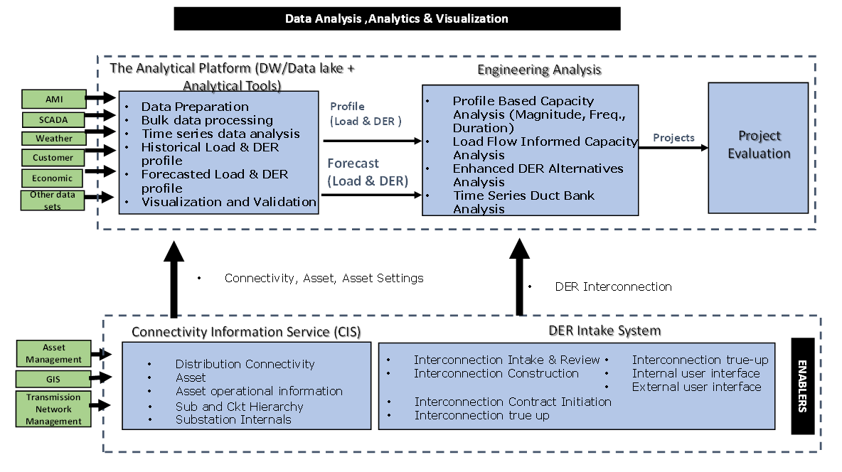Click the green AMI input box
tap(54, 100)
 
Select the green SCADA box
tap(54, 119)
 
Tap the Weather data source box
tap(54, 139)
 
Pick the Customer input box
tap(53, 158)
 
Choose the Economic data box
tap(52, 178)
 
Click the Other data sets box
tap(53, 200)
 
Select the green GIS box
tap(53, 379)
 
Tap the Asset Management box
tap(54, 353)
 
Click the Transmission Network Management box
tap(53, 409)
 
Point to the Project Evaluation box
tap(758, 148)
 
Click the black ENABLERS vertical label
tap(803, 386)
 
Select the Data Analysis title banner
tap(397, 18)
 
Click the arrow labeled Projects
tap(673, 148)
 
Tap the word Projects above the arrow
tap(673, 138)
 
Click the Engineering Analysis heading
tap(539, 70)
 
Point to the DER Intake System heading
tap(604, 331)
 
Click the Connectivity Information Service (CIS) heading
tap(246, 332)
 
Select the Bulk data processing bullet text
tap(207, 120)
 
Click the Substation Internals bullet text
tap(233, 420)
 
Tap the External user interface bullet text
tap(696, 387)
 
